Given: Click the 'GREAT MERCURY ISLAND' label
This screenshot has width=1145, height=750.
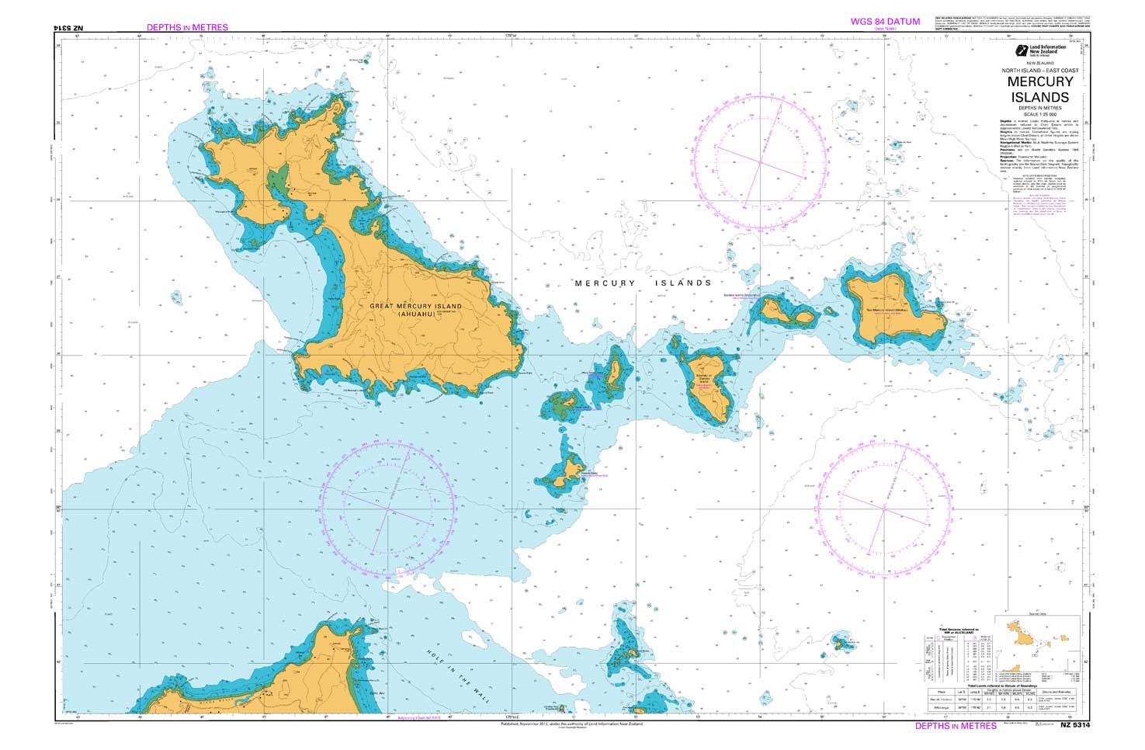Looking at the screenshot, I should point(415,306).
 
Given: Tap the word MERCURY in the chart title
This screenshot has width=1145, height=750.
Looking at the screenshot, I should point(1039,82).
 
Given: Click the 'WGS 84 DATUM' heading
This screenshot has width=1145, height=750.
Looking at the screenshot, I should point(884,22).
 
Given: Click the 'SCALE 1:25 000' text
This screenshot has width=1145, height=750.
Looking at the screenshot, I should point(1039,114).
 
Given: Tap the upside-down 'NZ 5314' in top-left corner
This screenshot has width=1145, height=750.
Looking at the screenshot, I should point(68,27).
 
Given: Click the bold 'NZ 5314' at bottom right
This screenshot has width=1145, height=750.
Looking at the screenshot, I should point(1075,725).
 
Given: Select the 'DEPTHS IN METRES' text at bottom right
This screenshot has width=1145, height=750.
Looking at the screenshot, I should point(955,726).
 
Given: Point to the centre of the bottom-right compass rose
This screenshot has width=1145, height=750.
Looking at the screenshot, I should point(884,509).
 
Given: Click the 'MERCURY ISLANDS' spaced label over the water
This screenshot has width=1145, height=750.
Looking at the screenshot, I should point(643,283).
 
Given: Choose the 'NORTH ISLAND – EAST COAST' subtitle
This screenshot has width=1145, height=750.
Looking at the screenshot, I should point(1039,71).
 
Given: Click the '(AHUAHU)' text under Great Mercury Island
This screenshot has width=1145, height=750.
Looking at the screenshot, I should point(415,314).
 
